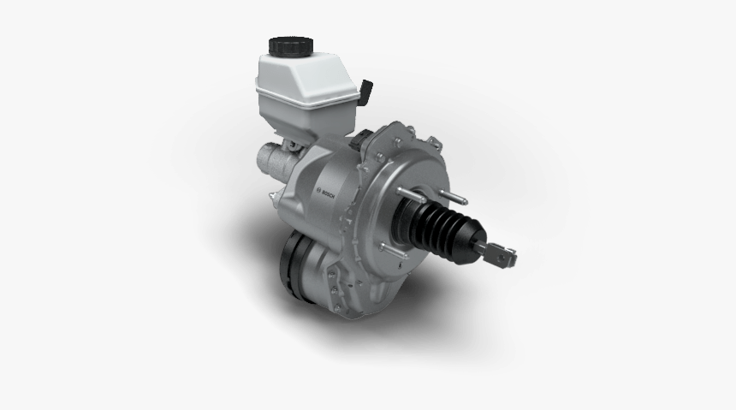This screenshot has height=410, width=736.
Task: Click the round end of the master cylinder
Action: [263, 158]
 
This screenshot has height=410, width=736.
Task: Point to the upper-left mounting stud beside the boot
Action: [401, 186]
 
